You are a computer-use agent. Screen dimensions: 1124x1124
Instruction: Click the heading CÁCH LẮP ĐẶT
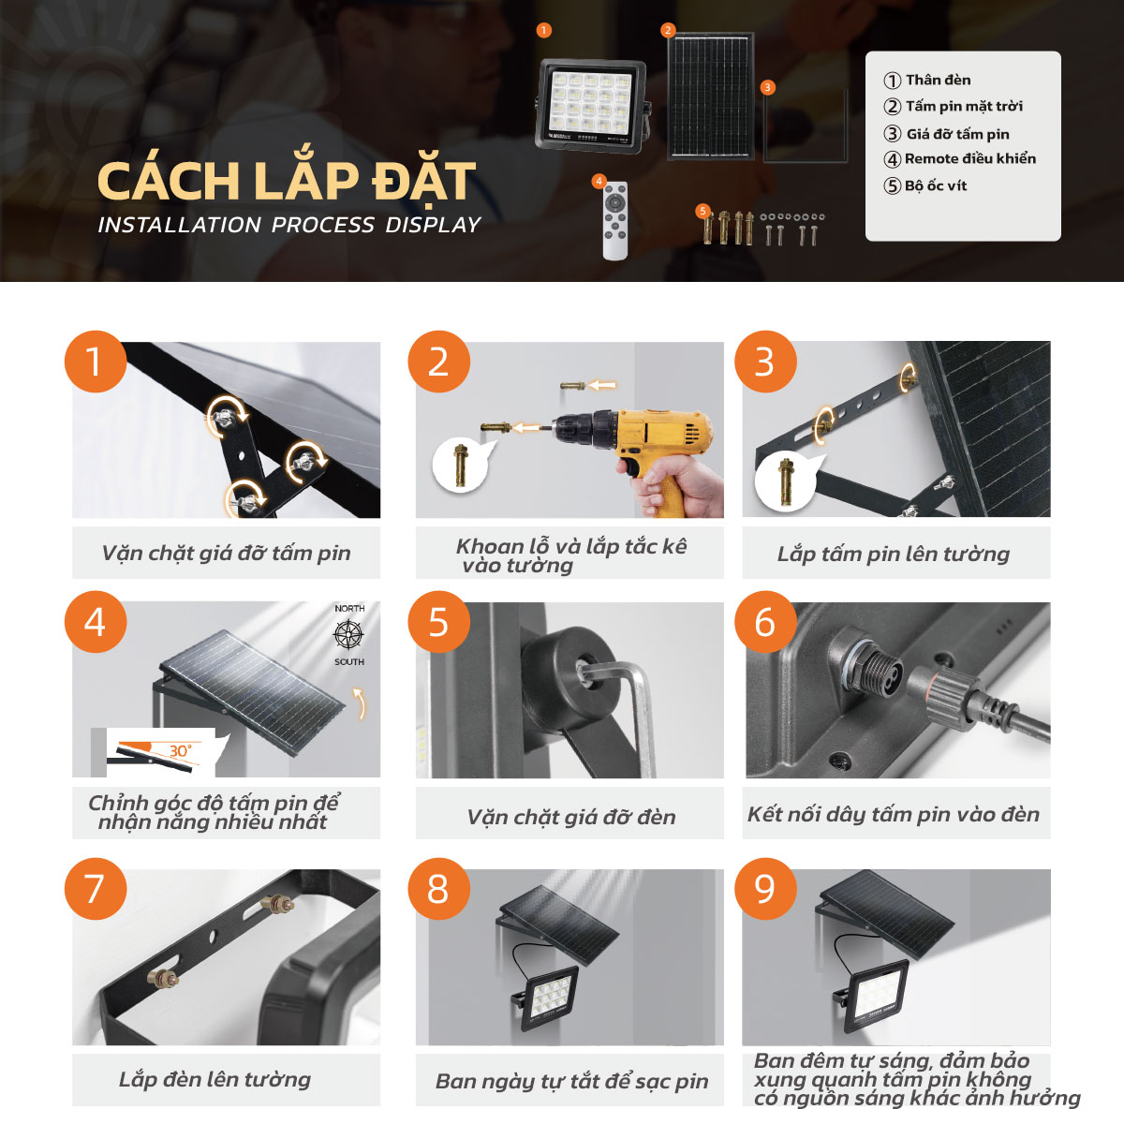click(x=287, y=182)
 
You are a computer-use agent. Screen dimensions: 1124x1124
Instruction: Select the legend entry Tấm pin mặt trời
click(x=963, y=107)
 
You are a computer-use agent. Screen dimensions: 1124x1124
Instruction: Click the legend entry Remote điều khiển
click(x=969, y=159)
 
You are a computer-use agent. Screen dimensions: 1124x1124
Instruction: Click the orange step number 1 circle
click(x=95, y=362)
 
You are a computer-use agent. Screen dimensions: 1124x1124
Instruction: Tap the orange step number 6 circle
click(x=765, y=623)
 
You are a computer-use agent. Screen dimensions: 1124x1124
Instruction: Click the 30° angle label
click(x=180, y=751)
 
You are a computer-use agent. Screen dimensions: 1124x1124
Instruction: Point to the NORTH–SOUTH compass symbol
click(x=349, y=635)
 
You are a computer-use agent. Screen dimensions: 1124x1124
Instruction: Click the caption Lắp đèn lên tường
click(x=214, y=1080)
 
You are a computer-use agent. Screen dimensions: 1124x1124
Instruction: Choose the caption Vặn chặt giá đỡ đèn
click(x=570, y=817)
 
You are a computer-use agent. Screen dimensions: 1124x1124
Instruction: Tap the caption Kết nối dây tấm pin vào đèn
click(x=894, y=815)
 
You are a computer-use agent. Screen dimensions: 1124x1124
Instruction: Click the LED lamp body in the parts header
click(x=590, y=105)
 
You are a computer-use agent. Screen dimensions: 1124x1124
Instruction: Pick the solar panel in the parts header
click(x=710, y=97)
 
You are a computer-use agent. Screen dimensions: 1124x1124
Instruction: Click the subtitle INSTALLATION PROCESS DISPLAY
click(x=289, y=226)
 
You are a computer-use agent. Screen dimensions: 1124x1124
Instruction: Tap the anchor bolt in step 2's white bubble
click(x=461, y=465)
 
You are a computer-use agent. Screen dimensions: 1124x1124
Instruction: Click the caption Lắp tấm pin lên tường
click(x=894, y=555)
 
